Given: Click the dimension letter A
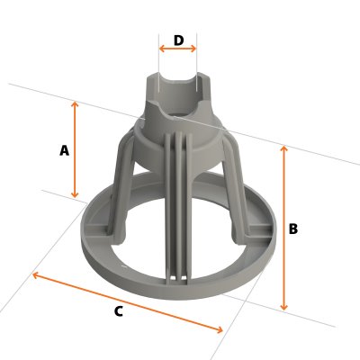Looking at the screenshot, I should (x=64, y=151).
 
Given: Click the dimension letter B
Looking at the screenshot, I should (x=292, y=229).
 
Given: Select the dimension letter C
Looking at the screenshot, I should (x=118, y=311).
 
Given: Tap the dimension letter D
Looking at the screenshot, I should (x=178, y=40).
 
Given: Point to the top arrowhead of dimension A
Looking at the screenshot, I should (x=75, y=103).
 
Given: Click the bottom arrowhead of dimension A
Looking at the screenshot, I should (x=75, y=196).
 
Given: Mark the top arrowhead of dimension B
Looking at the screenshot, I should (x=284, y=148).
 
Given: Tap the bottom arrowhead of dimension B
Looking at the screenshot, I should (x=284, y=309).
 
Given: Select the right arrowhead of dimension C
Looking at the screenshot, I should (x=220, y=330).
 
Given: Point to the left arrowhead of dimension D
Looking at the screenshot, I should (x=162, y=49).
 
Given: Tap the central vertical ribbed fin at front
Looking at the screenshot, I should (x=178, y=207).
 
